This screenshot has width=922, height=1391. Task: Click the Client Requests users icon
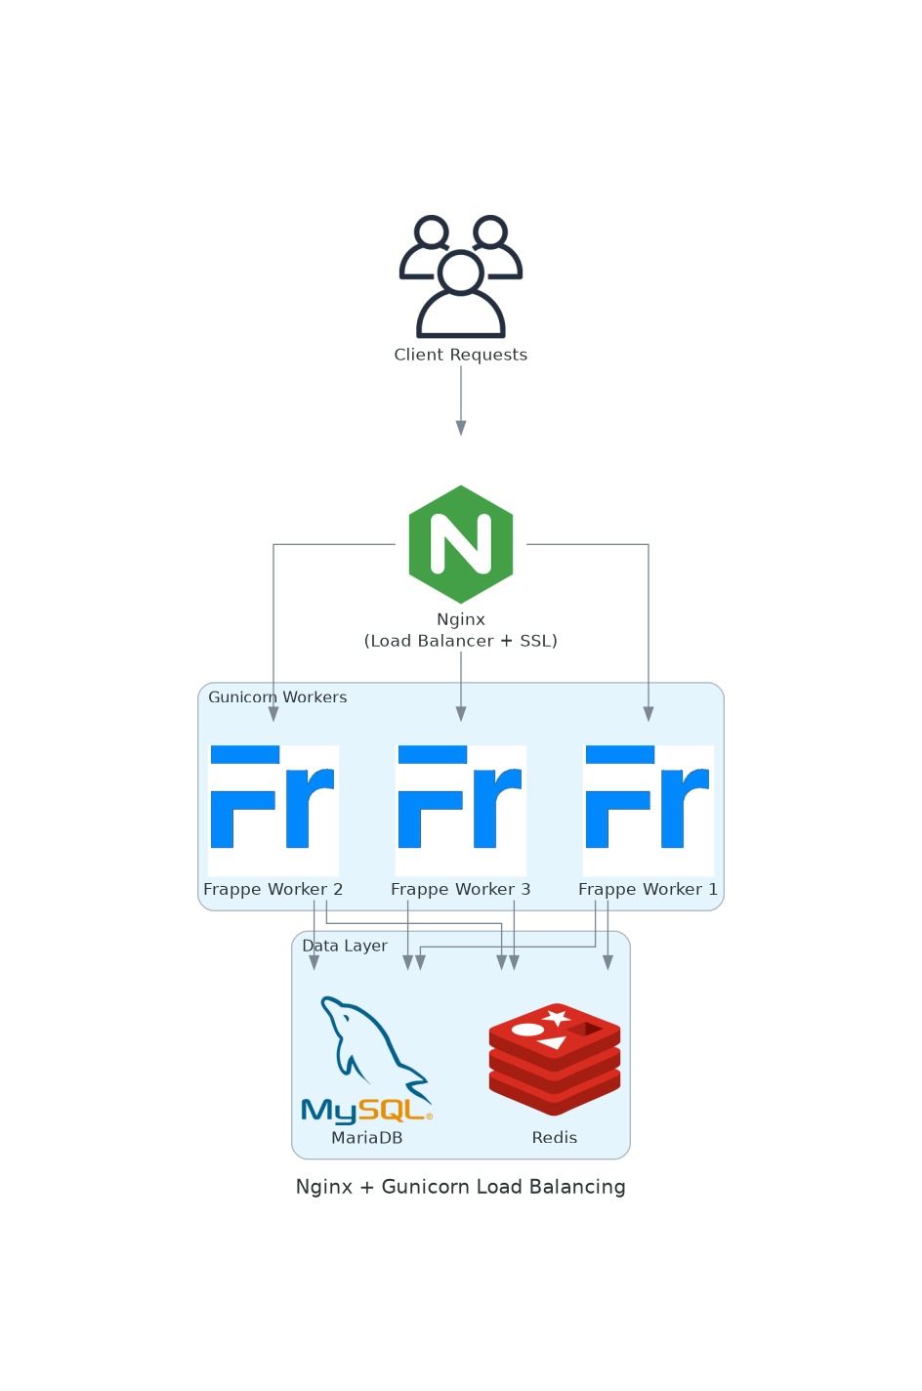[x=461, y=276]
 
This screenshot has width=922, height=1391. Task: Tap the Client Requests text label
[x=461, y=355]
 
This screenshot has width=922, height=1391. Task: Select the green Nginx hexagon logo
[x=461, y=544]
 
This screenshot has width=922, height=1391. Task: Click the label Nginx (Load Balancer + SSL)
[x=461, y=630]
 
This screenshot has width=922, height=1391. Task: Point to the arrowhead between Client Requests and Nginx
[x=461, y=428]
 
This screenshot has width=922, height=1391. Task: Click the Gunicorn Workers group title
[x=277, y=697]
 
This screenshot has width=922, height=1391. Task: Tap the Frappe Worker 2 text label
[x=273, y=889]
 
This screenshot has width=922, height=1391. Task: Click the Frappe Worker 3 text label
[x=461, y=889]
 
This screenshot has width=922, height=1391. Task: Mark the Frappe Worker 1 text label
[x=649, y=889]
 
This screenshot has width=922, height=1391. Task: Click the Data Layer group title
[x=345, y=946]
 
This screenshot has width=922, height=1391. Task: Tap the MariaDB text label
[x=367, y=1138]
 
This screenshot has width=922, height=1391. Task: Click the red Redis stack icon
[x=555, y=1059]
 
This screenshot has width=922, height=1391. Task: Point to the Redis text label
[x=555, y=1138]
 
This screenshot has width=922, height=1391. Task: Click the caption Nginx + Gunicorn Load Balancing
[x=461, y=1187]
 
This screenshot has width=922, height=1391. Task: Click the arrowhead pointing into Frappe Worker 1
[x=649, y=714]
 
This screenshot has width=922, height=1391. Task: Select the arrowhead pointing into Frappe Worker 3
[x=461, y=714]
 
